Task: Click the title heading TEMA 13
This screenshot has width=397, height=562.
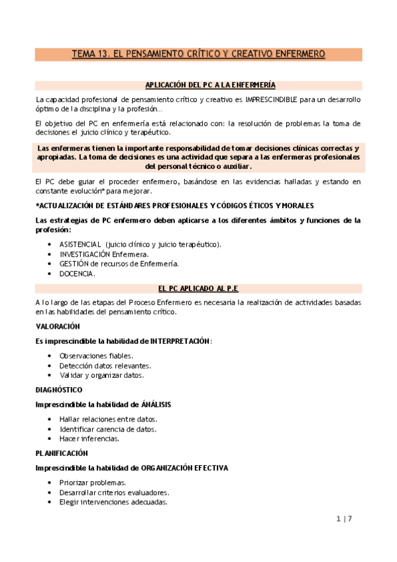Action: pos(198,54)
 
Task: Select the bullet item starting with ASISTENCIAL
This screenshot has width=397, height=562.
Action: pos(141,245)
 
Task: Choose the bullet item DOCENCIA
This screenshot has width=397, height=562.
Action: pos(77,274)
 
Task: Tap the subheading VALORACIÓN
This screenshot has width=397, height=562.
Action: pos(58,327)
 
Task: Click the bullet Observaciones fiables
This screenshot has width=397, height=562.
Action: pos(95,356)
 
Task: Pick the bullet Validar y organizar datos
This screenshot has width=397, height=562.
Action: pos(101,375)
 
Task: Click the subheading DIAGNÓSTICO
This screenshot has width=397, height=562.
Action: pos(59,390)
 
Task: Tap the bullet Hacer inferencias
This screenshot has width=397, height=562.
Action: pos(89,439)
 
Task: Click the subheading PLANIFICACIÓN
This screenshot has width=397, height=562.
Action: pos(62,453)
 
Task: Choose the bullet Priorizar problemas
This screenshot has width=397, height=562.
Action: pos(93,482)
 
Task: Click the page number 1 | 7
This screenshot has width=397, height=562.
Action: pos(344,520)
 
